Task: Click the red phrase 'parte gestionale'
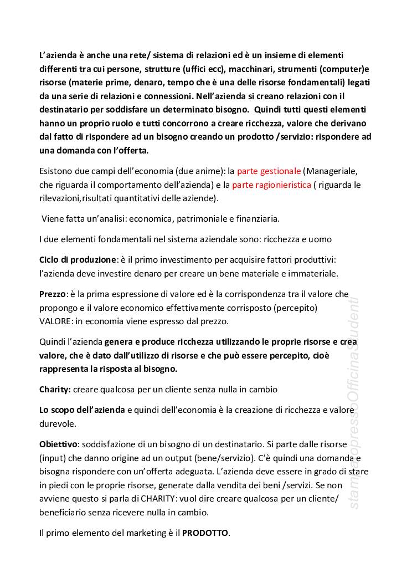coord(269,171)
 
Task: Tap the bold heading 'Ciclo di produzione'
coord(78,259)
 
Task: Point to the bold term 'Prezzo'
coord(53,294)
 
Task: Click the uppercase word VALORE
coord(56,321)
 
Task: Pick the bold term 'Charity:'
coord(55,390)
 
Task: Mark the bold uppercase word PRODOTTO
coord(205,533)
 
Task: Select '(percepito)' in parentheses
coord(300,308)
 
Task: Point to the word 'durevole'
coord(57,424)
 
